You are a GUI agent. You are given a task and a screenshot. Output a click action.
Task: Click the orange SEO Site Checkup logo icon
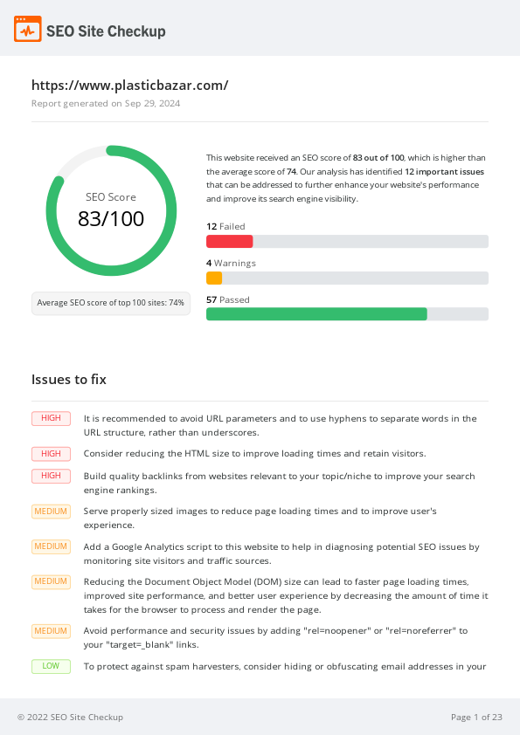pos(27,30)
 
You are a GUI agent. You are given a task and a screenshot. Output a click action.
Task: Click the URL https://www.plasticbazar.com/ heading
pos(129,86)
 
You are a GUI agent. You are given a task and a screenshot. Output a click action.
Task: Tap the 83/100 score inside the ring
pos(111,219)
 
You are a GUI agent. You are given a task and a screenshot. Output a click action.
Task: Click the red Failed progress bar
pos(229,242)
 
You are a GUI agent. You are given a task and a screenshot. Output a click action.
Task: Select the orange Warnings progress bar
pos(214,278)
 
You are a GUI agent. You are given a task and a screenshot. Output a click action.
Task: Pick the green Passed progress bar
pos(316,314)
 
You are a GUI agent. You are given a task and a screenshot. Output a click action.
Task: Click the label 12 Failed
pos(225,227)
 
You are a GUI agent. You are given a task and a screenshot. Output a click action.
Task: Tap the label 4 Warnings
pos(231,263)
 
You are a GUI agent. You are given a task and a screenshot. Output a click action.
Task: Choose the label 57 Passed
pos(227,299)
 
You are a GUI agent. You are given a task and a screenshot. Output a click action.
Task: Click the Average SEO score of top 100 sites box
pos(111,303)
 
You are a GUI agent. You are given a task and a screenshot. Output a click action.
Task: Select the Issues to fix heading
pos(69,380)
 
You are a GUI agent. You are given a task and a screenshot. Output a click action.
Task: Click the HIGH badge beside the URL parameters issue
pos(51,418)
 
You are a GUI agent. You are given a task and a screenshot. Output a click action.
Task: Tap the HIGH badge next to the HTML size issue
pos(51,454)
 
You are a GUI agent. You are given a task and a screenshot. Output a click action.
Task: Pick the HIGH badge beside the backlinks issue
pos(51,476)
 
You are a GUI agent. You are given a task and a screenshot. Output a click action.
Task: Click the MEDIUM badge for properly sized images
pos(51,512)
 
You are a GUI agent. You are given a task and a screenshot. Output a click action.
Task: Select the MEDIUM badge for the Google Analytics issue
pos(51,547)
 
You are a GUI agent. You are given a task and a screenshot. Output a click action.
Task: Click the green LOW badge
pos(51,666)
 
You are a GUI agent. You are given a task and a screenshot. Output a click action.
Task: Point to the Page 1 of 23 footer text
pos(476,718)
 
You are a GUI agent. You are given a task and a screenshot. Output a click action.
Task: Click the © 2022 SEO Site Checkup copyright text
pos(70,718)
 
